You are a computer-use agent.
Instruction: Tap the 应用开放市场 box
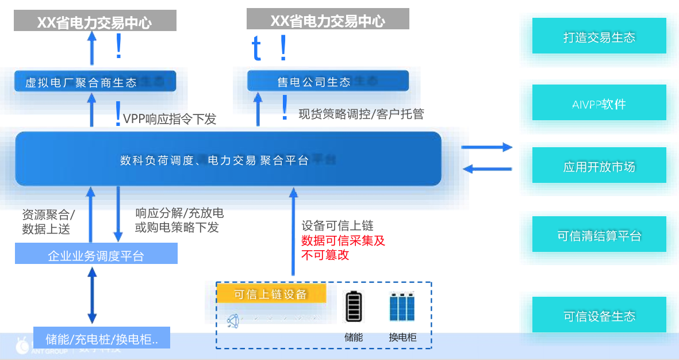599,166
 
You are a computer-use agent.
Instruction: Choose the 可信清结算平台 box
599,235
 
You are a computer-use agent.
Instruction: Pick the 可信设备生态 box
599,315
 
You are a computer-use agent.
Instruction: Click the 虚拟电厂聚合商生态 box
95,82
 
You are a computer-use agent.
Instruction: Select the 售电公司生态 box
328,81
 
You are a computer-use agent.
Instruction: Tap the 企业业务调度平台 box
96,255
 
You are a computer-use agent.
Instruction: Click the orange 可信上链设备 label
271,294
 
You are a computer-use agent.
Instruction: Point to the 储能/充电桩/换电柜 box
101,338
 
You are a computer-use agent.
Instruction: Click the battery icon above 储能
354,307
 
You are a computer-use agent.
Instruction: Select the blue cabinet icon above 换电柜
402,307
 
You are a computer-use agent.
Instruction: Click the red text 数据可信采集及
343,241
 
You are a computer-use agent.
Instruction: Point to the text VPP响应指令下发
170,119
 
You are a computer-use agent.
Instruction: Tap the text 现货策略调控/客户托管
361,114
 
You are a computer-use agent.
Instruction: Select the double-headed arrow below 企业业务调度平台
91,297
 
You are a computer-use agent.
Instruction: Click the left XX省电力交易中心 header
95,22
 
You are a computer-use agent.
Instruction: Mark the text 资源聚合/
48,215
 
